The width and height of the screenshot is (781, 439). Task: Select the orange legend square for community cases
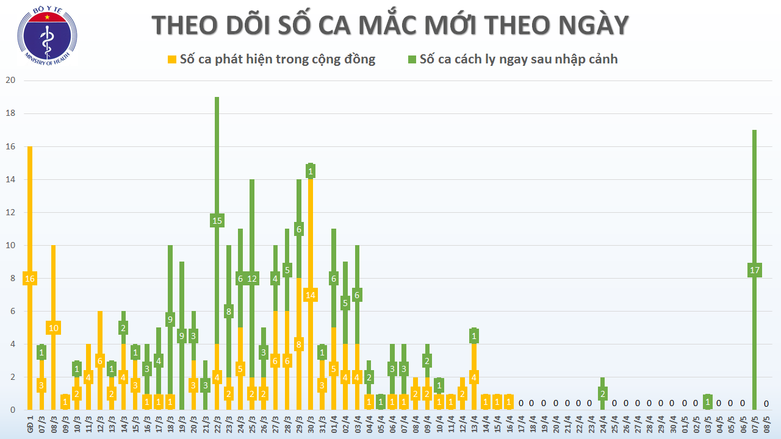(x=172, y=59)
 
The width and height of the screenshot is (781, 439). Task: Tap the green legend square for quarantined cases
(x=412, y=59)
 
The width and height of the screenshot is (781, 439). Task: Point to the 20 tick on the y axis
(x=10, y=80)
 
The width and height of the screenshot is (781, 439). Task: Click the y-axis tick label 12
(x=10, y=212)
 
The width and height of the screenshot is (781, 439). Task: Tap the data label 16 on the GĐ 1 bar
(x=30, y=279)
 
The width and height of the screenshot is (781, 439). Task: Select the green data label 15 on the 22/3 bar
(x=217, y=221)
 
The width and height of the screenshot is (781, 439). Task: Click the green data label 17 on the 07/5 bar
(x=755, y=270)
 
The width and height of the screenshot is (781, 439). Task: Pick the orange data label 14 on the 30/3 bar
(x=311, y=295)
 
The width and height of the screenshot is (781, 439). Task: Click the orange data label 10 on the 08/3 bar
(x=54, y=328)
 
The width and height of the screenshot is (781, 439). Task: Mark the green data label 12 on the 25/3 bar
(x=252, y=279)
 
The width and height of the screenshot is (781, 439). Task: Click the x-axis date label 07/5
(x=755, y=425)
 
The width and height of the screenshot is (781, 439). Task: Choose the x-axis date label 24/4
(x=603, y=425)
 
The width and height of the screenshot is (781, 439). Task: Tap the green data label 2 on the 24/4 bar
(x=603, y=393)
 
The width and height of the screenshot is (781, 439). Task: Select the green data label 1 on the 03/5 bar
(x=708, y=402)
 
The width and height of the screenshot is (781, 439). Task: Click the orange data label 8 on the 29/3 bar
(x=299, y=344)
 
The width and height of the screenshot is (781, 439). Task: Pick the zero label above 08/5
(x=766, y=403)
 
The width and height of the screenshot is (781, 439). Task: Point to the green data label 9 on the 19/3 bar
(x=182, y=335)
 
